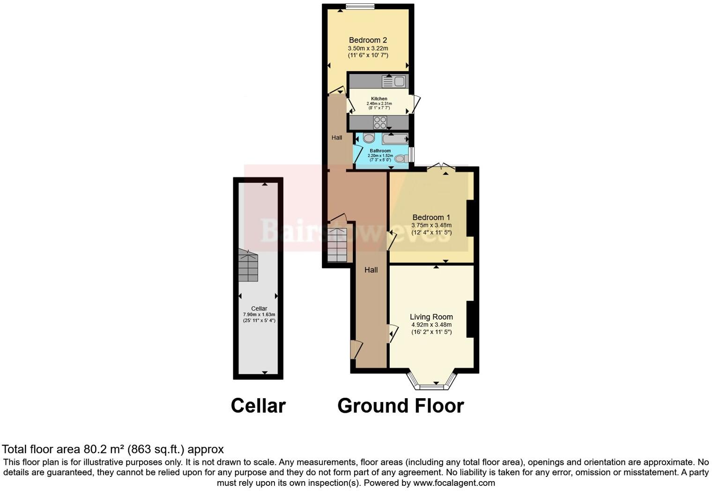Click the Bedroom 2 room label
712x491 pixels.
(x=368, y=40)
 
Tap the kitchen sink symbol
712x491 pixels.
(x=393, y=82)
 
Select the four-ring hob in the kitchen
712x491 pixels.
(x=380, y=123)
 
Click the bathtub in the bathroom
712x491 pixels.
(x=395, y=139)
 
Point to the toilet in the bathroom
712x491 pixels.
(x=400, y=159)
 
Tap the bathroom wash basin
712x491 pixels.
(x=369, y=138)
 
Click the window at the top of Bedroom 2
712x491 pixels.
(x=360, y=7)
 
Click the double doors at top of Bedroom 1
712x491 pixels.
(x=441, y=166)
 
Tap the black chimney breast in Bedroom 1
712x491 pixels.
(x=471, y=218)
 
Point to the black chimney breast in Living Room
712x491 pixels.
(x=471, y=319)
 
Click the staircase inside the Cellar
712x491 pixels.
(x=248, y=266)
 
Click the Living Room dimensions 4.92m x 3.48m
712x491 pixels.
(x=431, y=325)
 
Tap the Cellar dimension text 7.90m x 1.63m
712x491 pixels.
(x=259, y=315)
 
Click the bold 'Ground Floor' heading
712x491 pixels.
(x=400, y=406)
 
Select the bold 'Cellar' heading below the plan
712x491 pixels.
(x=258, y=406)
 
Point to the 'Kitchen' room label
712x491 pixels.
(x=379, y=99)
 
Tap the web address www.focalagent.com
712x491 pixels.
(x=454, y=483)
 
